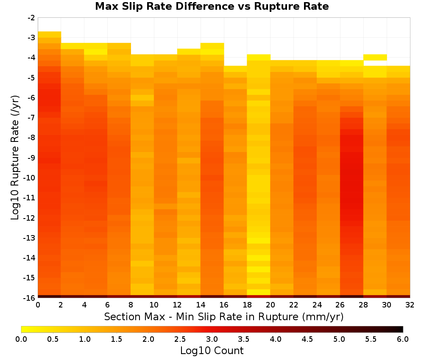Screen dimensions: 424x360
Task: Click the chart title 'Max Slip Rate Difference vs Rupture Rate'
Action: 212,6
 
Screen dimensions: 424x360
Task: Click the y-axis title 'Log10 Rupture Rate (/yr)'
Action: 15,158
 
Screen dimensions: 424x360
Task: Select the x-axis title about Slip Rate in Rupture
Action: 224,316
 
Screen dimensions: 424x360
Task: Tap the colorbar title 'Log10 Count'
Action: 212,351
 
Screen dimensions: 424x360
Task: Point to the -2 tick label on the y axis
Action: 31,18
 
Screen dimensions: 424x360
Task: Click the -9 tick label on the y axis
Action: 31,158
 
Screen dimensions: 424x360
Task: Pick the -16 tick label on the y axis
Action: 29,298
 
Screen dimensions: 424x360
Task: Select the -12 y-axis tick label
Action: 29,218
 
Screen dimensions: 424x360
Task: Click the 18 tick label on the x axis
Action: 247,305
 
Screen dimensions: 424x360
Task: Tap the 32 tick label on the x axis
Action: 410,305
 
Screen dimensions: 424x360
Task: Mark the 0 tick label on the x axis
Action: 38,305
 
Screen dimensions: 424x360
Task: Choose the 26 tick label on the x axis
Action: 340,305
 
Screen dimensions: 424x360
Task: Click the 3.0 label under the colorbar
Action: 212,339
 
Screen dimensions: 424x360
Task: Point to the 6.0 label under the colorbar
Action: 403,339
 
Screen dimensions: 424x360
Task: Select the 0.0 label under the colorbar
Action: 21,339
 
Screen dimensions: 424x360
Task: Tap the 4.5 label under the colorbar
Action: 307,339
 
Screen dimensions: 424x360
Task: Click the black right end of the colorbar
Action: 401,329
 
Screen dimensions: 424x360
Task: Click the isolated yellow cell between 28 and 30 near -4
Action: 375,57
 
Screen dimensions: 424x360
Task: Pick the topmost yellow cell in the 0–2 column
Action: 50,35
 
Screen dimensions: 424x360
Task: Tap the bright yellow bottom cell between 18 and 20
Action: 259,292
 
